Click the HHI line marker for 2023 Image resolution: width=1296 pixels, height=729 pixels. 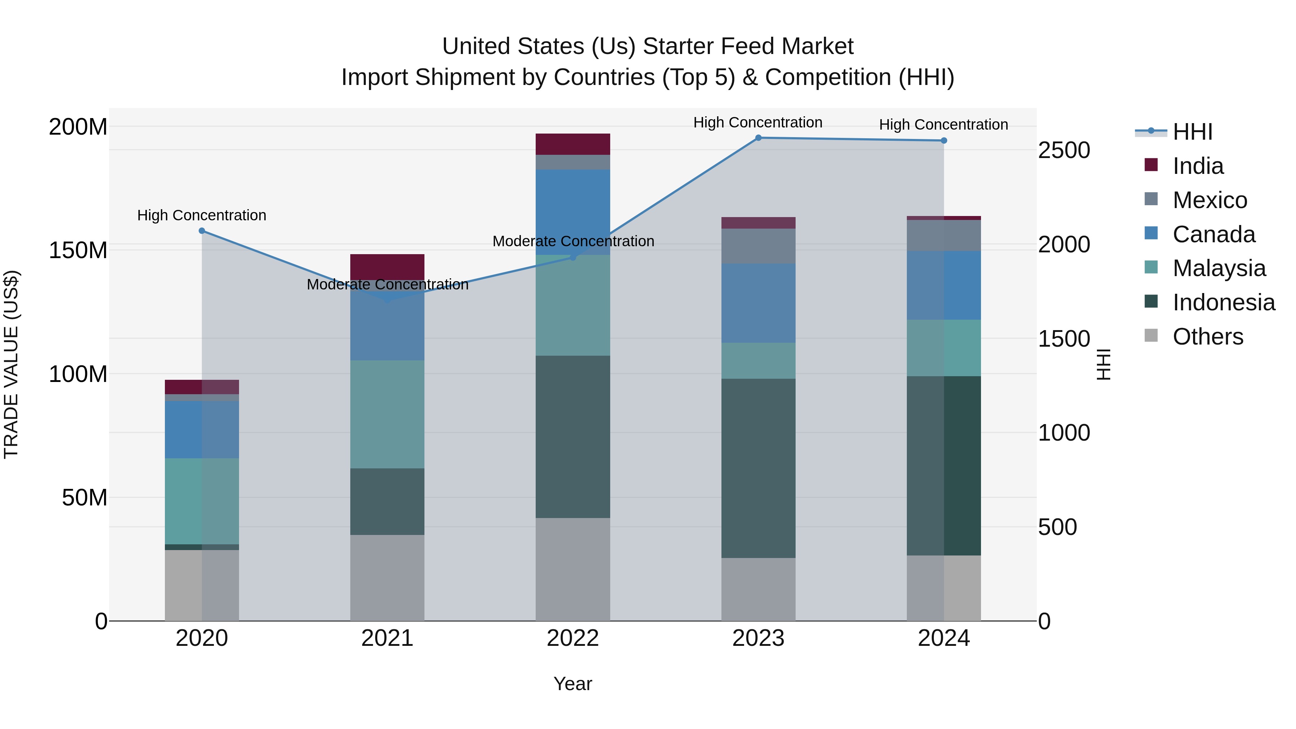point(758,138)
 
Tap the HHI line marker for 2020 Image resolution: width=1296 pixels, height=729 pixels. point(202,231)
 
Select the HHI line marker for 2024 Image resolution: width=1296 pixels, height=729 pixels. point(944,141)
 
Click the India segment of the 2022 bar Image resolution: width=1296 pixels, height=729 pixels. point(572,144)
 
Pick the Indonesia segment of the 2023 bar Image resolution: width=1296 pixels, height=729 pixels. point(758,468)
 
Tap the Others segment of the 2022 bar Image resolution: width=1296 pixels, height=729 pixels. point(572,569)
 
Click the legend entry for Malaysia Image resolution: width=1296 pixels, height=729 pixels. point(1219,268)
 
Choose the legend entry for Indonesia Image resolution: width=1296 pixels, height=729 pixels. point(1224,302)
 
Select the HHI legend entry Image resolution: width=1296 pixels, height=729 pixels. point(1192,132)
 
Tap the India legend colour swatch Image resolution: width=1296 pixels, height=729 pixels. point(1151,165)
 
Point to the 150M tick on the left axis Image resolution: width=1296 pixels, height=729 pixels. point(78,250)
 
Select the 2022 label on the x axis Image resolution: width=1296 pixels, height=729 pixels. point(572,638)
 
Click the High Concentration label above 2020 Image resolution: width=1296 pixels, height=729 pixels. point(202,215)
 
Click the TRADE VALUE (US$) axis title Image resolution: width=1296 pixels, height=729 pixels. point(11,364)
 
